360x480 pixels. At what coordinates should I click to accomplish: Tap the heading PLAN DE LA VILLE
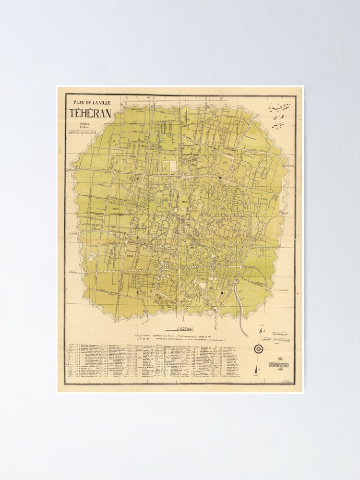pos(90,102)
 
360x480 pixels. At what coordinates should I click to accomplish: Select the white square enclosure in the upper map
pos(167,167)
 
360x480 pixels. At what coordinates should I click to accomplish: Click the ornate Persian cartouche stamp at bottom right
pos(278,364)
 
